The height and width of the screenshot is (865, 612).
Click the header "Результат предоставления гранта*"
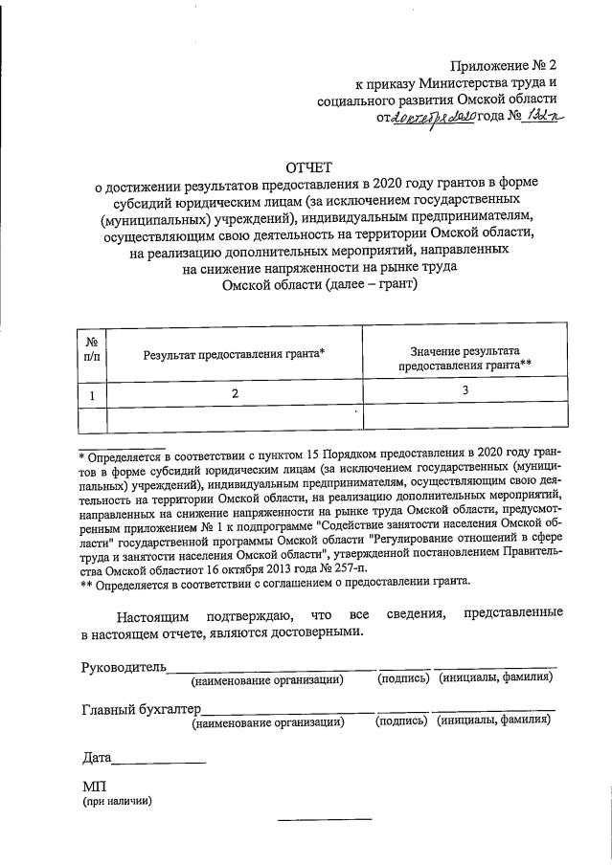[x=235, y=354]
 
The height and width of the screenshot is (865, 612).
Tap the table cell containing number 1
[x=92, y=392]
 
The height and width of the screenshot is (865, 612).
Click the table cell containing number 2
[x=234, y=392]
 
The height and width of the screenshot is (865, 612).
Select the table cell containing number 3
[x=465, y=390]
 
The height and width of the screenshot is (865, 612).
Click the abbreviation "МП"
[x=94, y=785]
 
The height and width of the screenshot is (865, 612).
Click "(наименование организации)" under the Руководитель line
[x=267, y=679]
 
